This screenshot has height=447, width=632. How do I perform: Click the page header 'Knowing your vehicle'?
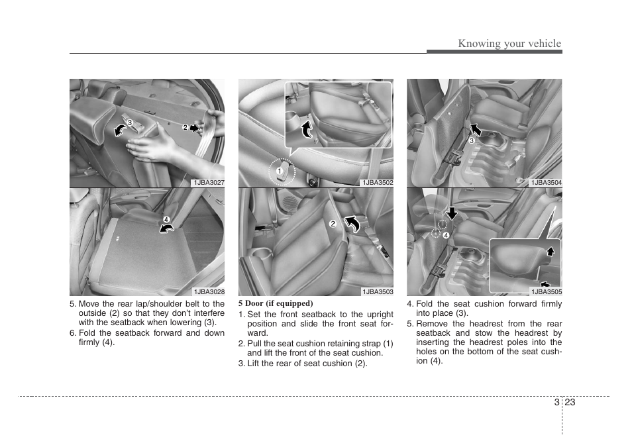[509, 44]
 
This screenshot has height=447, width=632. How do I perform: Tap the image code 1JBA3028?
[209, 291]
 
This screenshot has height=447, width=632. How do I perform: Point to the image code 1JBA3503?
[377, 291]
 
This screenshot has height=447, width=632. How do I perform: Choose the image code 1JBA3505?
[546, 291]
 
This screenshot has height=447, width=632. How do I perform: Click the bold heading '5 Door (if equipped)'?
[276, 303]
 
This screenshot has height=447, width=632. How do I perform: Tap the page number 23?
[571, 402]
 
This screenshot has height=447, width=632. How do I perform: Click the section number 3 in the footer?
[556, 402]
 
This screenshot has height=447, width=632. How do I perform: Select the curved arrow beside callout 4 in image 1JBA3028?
[168, 228]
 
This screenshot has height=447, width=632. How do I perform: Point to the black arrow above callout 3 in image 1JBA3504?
[475, 129]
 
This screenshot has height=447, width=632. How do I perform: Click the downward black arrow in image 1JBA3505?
[452, 213]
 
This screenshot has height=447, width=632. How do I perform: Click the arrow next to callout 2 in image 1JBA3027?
[195, 128]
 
